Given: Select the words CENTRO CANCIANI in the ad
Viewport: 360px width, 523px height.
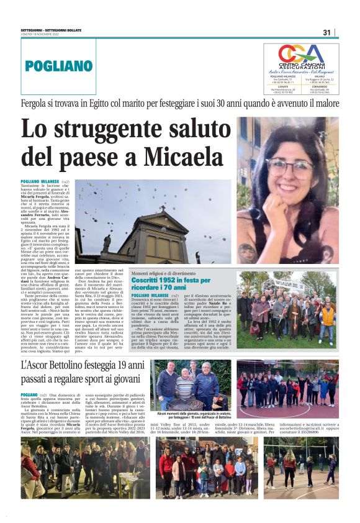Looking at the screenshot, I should tap(300, 66).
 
